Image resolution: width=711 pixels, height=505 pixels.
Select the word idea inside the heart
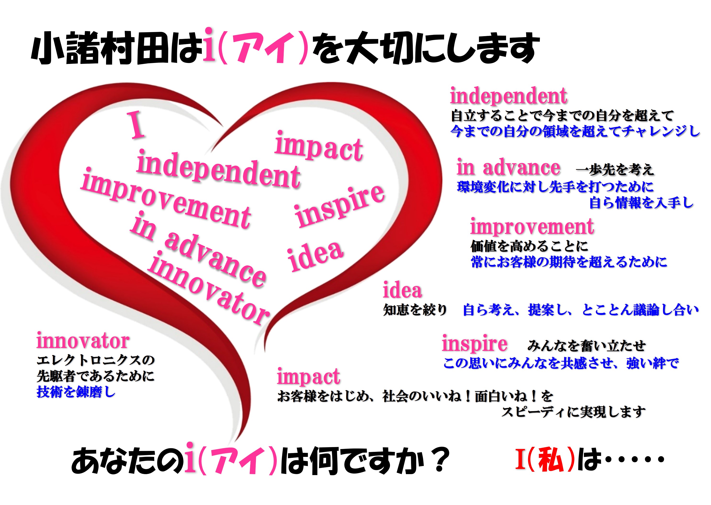click(315, 256)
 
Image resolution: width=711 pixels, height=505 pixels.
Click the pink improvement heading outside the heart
click(532, 227)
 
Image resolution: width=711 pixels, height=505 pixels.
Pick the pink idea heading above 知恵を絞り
click(402, 290)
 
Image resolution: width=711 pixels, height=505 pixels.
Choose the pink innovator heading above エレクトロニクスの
click(83, 341)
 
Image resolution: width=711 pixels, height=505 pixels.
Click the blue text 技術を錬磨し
click(76, 392)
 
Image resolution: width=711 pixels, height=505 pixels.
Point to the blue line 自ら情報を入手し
click(641, 203)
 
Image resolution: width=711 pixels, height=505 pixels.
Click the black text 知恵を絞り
click(415, 310)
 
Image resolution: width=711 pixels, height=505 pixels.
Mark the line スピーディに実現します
click(573, 412)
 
